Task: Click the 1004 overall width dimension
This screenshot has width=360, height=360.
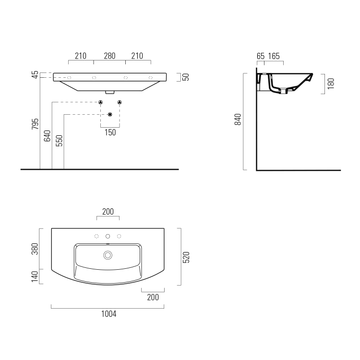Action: [108, 314]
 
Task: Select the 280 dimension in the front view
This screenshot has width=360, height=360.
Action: [109, 56]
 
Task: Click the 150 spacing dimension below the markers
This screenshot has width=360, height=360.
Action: [110, 133]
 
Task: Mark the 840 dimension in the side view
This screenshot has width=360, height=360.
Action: [238, 120]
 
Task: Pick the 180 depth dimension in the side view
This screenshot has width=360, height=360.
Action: [331, 83]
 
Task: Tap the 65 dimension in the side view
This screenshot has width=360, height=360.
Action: [261, 56]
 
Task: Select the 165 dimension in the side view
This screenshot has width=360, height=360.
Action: [274, 56]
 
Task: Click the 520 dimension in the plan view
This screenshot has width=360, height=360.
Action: [187, 257]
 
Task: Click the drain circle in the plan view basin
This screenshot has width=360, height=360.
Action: [108, 254]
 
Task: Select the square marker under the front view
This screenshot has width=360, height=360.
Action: [110, 114]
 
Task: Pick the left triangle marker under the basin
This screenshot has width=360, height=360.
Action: [101, 102]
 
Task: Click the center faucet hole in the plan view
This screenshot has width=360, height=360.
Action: [108, 236]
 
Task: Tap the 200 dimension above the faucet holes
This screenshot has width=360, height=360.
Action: [108, 212]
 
